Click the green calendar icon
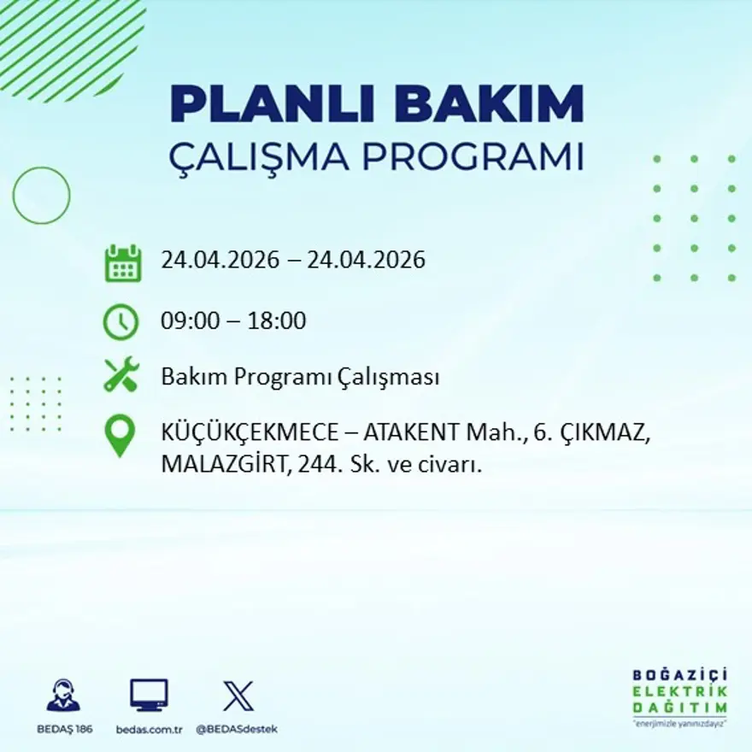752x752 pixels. (x=122, y=262)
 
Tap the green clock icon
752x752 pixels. (x=120, y=322)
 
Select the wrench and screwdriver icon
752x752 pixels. (x=121, y=375)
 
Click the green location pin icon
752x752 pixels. (x=120, y=434)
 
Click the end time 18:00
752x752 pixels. (x=277, y=321)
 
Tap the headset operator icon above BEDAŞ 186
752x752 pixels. (x=63, y=695)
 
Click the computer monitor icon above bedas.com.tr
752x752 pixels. (x=149, y=695)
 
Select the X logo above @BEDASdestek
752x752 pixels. (x=238, y=696)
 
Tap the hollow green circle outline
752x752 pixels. (x=41, y=196)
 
